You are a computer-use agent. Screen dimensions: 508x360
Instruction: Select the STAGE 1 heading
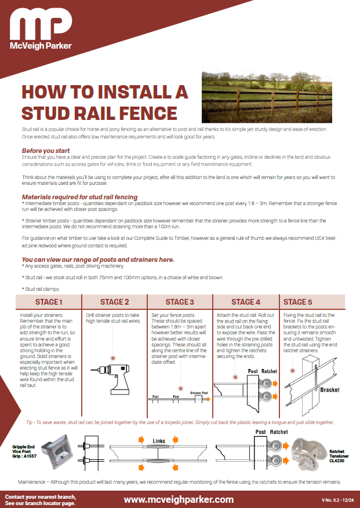pos(48,302)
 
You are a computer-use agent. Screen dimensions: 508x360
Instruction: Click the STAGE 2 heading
pos(115,302)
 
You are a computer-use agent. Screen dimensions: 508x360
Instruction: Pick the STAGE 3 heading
pos(180,302)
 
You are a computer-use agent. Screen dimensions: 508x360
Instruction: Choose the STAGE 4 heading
pos(246,302)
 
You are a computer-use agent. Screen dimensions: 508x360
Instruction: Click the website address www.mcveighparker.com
pos(179,499)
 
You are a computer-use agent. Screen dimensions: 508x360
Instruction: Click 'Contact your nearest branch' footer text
pos(41,497)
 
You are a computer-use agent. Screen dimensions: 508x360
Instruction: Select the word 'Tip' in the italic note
pos(31,422)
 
